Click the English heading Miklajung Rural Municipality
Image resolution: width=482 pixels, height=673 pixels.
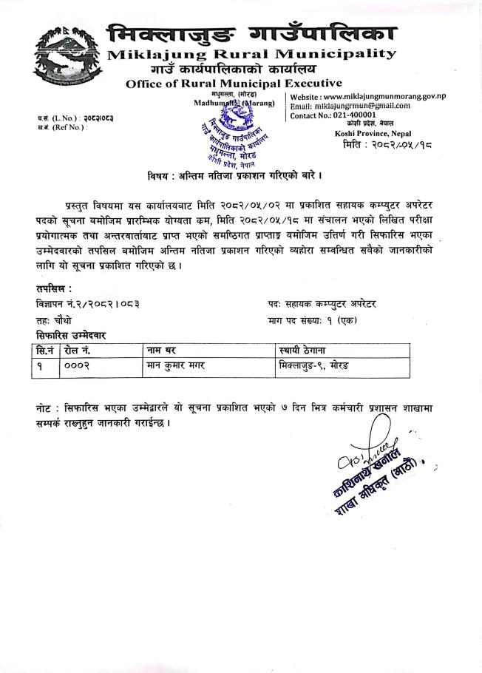tap(251, 54)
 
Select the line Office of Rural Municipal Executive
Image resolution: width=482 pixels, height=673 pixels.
tap(234, 84)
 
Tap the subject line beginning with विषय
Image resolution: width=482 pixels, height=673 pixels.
tap(234, 175)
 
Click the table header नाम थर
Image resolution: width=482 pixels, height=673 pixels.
tap(165, 350)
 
